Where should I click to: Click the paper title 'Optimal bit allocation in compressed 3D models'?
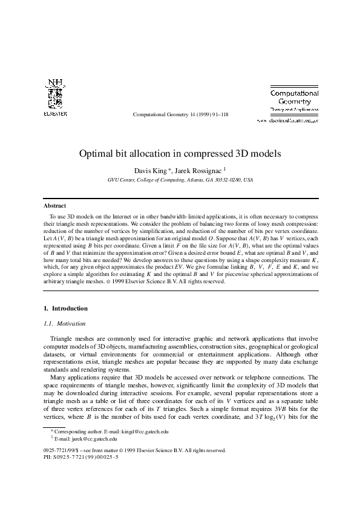coord(180,154)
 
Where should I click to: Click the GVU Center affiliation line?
coord(180,180)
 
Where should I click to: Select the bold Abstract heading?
coord(56,206)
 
